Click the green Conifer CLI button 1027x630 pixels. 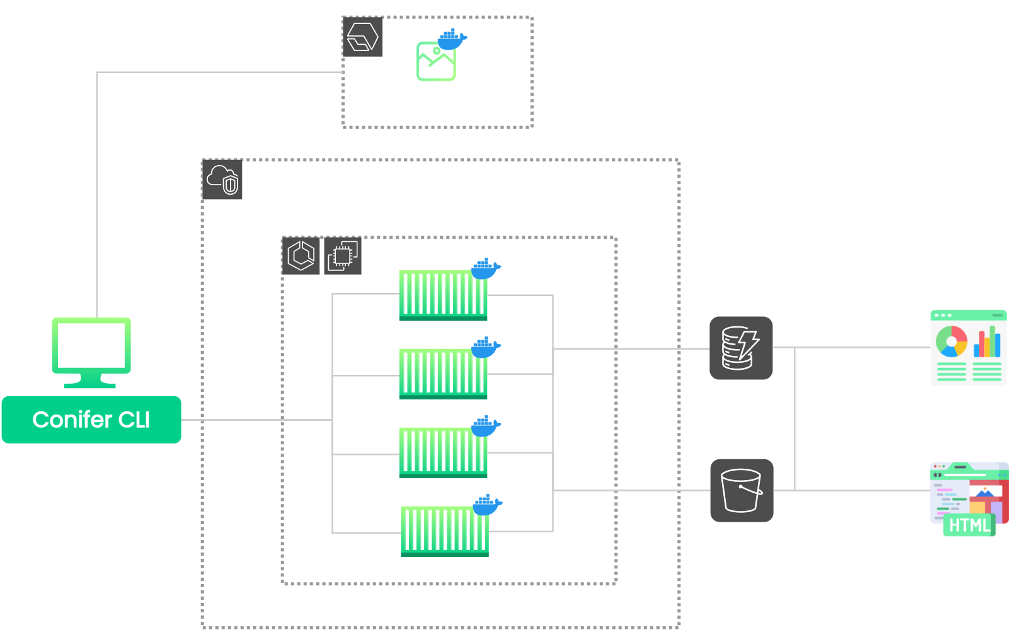[x=91, y=420]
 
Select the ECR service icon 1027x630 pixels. [x=362, y=37]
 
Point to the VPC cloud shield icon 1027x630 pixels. [x=222, y=180]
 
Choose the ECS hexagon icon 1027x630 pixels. [x=301, y=256]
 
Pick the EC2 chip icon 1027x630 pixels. [x=342, y=256]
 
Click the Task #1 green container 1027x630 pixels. [x=443, y=295]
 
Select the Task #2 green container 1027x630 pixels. [x=443, y=374]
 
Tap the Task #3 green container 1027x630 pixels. [x=443, y=452]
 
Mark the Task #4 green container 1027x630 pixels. [x=445, y=531]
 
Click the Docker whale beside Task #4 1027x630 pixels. [x=487, y=505]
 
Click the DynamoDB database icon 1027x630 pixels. [x=741, y=348]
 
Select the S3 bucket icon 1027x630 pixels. [x=742, y=490]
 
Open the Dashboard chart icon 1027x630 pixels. [x=968, y=348]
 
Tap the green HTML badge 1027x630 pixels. [x=969, y=525]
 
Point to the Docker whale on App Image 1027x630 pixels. [x=452, y=40]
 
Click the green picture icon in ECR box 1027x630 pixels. [x=435, y=62]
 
